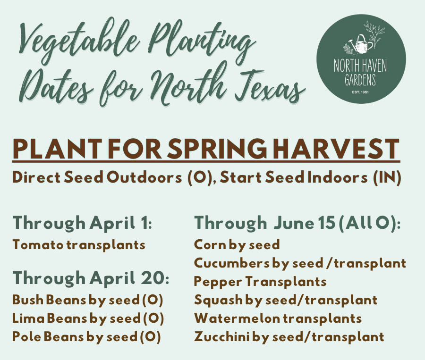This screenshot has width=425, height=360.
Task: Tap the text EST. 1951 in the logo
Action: click(x=360, y=92)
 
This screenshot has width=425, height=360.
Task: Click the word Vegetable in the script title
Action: click(x=78, y=41)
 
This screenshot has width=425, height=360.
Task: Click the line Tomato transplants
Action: click(x=79, y=245)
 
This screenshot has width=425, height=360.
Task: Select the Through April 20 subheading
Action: click(x=91, y=278)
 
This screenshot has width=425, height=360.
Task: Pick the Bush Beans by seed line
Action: click(x=88, y=301)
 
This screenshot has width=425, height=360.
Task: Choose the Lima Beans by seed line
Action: click(x=88, y=319)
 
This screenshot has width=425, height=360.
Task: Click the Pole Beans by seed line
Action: click(x=87, y=337)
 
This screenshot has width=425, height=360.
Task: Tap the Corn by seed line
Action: click(x=237, y=245)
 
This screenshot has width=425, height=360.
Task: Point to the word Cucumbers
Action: click(x=232, y=263)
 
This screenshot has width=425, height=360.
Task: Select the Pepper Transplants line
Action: click(x=260, y=282)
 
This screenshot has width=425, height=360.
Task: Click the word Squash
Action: click(x=218, y=301)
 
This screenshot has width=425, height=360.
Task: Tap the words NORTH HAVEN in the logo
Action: click(x=360, y=66)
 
